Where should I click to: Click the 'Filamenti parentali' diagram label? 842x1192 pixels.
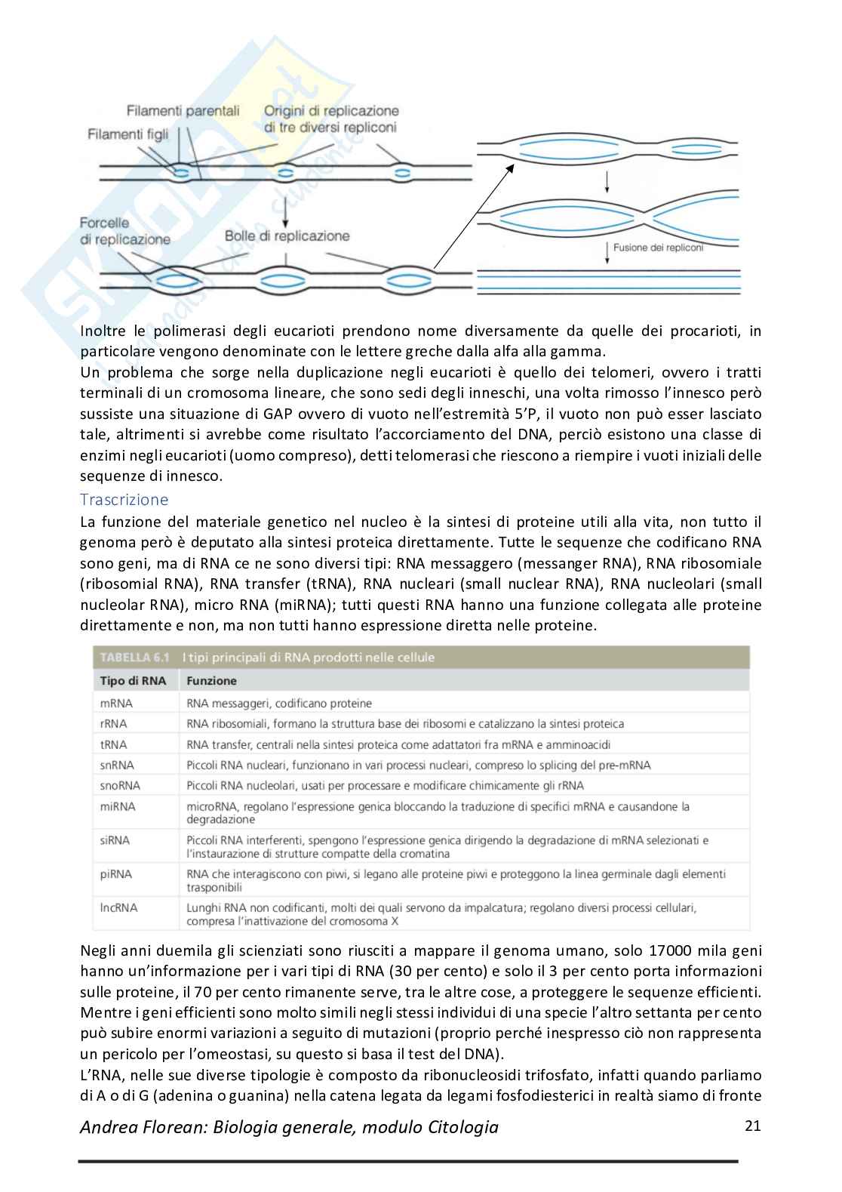(x=183, y=111)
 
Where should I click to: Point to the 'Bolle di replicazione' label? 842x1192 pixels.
(x=287, y=236)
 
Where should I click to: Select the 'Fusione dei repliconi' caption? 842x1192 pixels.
(x=658, y=247)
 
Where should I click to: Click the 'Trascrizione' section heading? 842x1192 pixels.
(x=124, y=500)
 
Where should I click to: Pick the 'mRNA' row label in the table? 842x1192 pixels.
(x=116, y=703)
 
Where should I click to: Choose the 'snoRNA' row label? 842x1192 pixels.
(x=120, y=785)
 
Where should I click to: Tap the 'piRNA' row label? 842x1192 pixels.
(x=116, y=873)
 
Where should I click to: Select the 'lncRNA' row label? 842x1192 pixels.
(x=118, y=907)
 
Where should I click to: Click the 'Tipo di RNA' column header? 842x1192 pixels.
(x=133, y=680)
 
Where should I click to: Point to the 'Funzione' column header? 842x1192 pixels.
(x=211, y=680)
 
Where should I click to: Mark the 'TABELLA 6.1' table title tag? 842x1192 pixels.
(x=134, y=658)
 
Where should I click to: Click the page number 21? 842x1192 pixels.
(x=752, y=1126)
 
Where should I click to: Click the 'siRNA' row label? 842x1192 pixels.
(x=115, y=839)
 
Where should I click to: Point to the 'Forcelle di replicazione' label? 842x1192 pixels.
(x=125, y=231)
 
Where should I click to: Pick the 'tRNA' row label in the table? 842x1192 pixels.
(x=114, y=744)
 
